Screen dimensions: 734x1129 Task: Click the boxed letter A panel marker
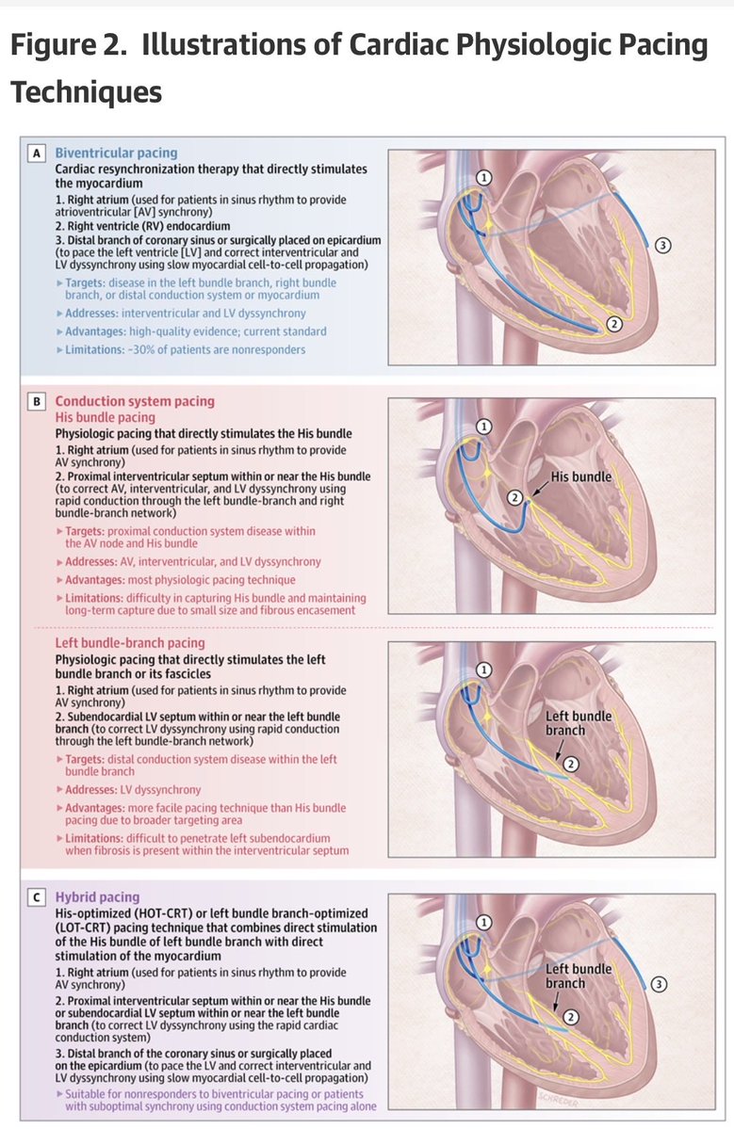37,153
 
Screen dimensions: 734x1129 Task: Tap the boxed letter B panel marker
37,401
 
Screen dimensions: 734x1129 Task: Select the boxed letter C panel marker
37,897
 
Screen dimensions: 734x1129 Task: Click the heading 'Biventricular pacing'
116,153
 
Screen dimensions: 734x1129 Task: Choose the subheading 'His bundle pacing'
105,417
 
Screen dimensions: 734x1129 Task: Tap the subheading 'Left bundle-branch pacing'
130,644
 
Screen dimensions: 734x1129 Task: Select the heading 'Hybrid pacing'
97,897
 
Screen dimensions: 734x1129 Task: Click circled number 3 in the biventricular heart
662,246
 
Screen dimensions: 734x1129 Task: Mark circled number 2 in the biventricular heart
613,324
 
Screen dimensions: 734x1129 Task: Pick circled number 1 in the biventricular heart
484,177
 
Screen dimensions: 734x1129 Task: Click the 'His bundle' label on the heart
581,476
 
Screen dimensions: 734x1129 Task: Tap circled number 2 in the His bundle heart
514,497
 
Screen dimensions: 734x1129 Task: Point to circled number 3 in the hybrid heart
660,984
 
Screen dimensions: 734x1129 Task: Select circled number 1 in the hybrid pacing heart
484,924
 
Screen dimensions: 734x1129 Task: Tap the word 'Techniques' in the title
86,92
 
